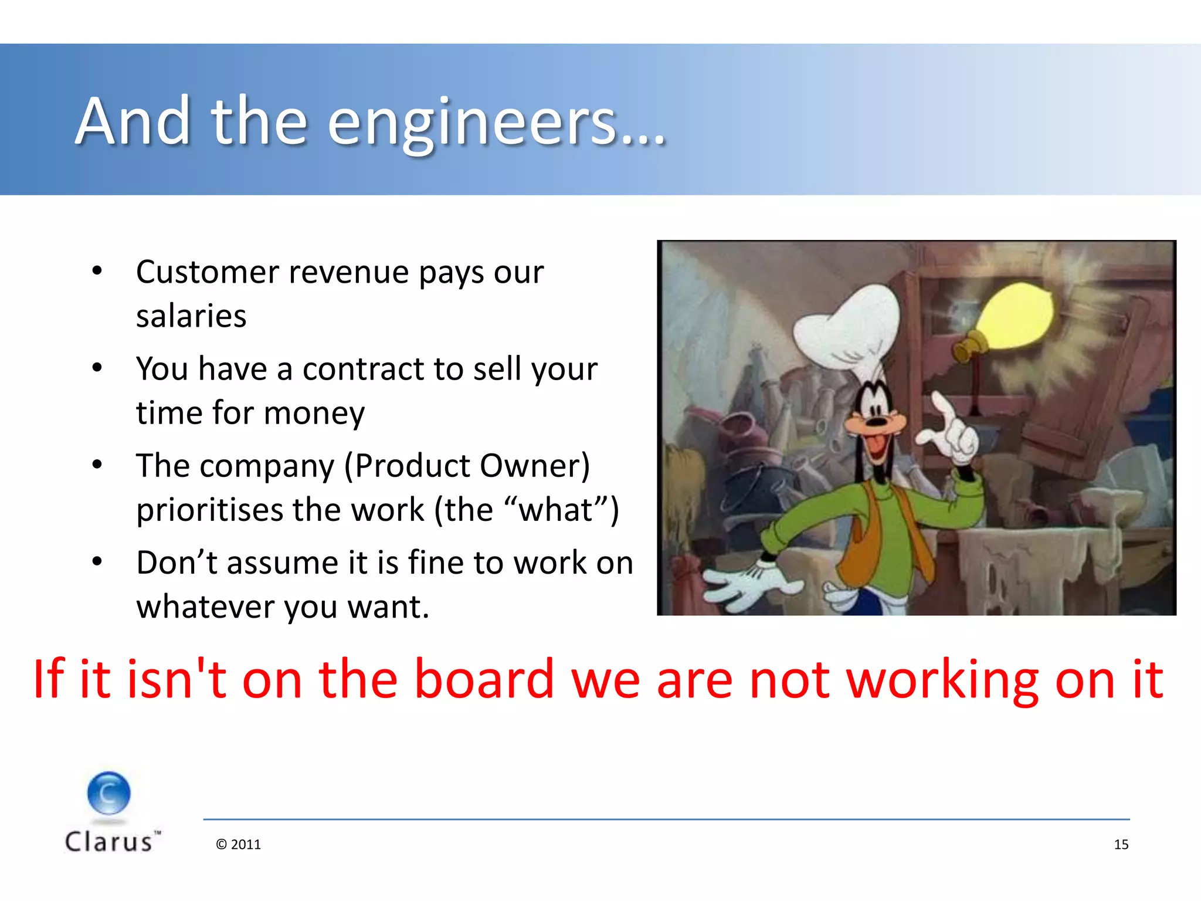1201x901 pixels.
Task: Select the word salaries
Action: click(191, 317)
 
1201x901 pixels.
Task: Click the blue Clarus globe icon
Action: click(109, 793)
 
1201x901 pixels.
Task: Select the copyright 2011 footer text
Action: click(238, 845)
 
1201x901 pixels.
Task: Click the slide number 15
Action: click(1121, 845)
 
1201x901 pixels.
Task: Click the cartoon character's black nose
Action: click(877, 421)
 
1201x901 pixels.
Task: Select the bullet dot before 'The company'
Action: click(97, 465)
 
